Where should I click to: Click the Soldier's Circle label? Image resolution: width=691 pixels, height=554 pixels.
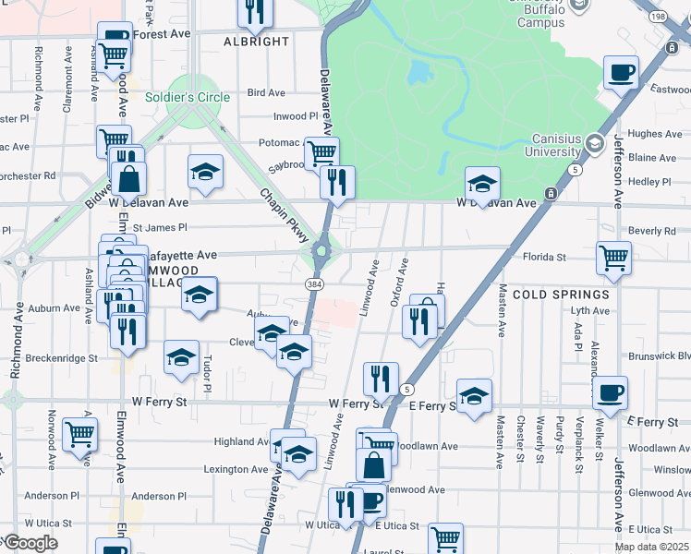pos(188,97)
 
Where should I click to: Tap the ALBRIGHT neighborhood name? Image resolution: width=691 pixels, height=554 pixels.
pos(257,42)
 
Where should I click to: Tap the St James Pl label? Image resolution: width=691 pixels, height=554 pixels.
pos(159,227)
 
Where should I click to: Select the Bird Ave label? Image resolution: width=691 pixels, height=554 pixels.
pos(267,93)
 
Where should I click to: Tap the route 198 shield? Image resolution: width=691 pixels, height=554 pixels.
pos(682,17)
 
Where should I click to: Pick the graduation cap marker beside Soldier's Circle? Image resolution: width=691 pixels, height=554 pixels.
pos(205,170)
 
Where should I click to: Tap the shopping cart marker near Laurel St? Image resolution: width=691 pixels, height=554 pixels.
pos(445,537)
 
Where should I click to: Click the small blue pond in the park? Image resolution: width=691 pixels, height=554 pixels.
pos(418,72)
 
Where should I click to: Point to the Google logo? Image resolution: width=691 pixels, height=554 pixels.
pos(30,543)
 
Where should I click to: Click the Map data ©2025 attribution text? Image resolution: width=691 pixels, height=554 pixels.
pos(651,547)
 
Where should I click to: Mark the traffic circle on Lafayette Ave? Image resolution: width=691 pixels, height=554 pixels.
pos(322,248)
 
